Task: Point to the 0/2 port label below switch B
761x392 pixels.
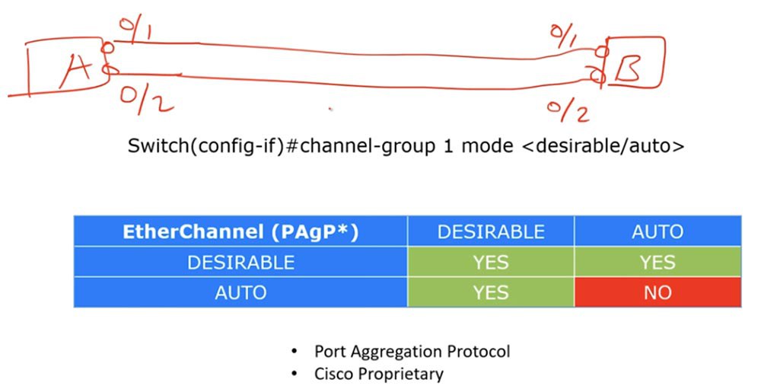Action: (568, 110)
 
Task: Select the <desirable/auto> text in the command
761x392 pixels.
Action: (603, 145)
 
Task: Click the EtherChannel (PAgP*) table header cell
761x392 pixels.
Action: (240, 231)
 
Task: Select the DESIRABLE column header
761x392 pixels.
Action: (491, 231)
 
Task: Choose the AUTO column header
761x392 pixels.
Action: (658, 231)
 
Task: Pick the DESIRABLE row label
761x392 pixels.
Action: (240, 262)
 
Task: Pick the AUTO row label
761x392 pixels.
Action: (240, 292)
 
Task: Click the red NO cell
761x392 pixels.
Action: (658, 292)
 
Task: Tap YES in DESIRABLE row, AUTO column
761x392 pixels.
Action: (658, 262)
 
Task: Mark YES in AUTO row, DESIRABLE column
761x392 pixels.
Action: (491, 292)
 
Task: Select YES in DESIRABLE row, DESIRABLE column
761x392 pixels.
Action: (491, 262)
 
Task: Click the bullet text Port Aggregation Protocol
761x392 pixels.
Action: (412, 352)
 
